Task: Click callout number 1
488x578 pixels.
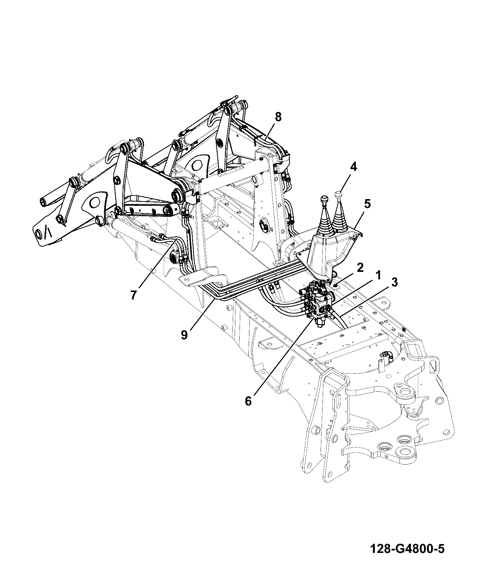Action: point(378,275)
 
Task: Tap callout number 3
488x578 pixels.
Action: point(394,283)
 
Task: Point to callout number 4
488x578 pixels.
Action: point(353,167)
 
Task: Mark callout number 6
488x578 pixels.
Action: point(248,401)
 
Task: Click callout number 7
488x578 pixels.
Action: point(133,295)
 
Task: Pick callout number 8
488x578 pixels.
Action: point(278,117)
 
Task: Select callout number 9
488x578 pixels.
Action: point(184,335)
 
